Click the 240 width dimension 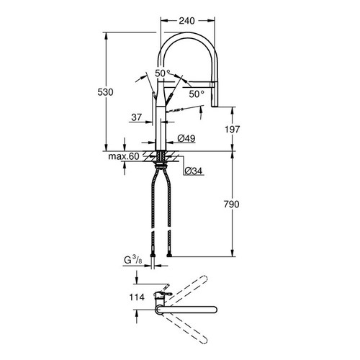(x=188, y=22)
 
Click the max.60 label (x=123, y=156)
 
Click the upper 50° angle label (x=163, y=73)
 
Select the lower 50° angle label (x=197, y=94)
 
